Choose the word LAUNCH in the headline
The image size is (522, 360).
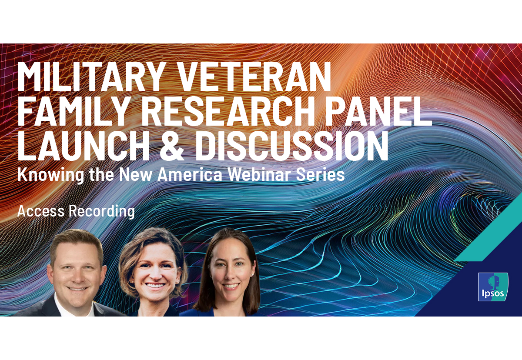click(83, 146)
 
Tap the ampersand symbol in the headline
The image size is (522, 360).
click(171, 146)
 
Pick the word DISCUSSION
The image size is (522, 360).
click(292, 146)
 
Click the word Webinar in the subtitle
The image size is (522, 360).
click(259, 174)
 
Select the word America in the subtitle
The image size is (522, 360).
click(190, 174)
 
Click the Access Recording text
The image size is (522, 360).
click(76, 211)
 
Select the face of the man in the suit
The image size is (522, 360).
click(77, 273)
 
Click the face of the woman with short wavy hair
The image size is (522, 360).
click(154, 273)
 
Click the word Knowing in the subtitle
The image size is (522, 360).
click(51, 175)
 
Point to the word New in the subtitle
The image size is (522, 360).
click(136, 174)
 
